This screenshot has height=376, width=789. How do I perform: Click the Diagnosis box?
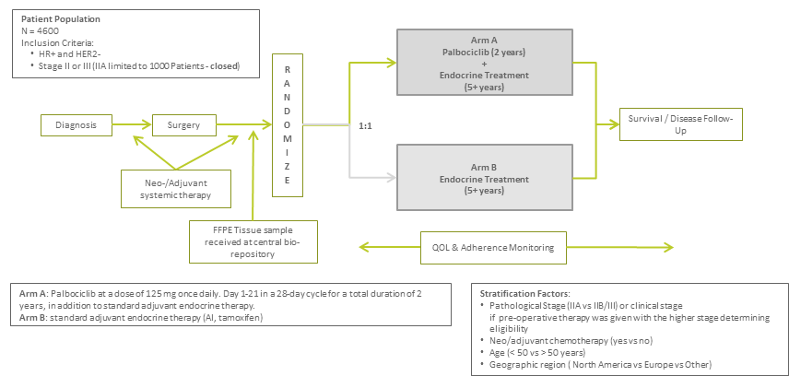point(77,123)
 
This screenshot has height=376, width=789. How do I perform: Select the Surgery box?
point(183,123)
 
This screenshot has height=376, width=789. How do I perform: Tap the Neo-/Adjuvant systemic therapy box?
point(175,188)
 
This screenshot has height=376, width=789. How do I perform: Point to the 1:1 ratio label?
point(366,124)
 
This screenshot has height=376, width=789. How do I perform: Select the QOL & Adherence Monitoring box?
point(494,247)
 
